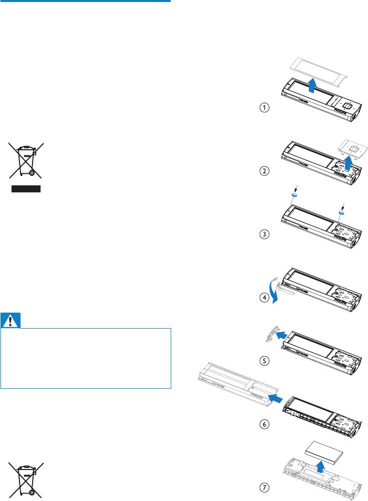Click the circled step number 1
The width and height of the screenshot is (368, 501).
coord(264,107)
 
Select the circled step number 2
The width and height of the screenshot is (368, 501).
coord(264,171)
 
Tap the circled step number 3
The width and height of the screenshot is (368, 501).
coord(264,234)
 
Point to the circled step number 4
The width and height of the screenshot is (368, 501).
coord(264,298)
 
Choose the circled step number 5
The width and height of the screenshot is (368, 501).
coord(264,361)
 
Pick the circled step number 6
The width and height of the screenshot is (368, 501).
coord(264,424)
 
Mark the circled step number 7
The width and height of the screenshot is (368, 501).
coord(264,487)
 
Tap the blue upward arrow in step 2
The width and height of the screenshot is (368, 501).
coord(348,162)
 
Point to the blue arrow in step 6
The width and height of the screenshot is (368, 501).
coord(275,398)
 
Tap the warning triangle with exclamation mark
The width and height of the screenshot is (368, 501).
coord(11,321)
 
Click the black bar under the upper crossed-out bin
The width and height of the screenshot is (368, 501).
coord(26,189)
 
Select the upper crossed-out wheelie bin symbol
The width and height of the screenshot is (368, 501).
coord(26,160)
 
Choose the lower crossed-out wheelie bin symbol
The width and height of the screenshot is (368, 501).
coord(26,480)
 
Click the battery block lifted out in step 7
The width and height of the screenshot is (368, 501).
coord(324,453)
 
